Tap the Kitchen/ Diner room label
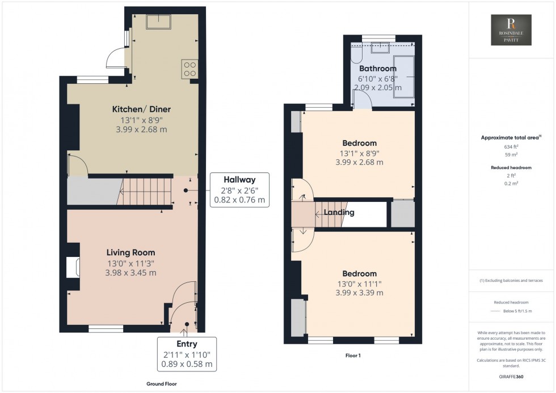[133, 109]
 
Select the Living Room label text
[130, 253]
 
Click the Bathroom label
[377, 69]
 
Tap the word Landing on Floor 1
[339, 213]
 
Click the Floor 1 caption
[352, 356]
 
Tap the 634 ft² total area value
[512, 146]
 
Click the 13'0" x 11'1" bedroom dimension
[359, 284]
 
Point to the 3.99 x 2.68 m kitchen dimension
[133, 129]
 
